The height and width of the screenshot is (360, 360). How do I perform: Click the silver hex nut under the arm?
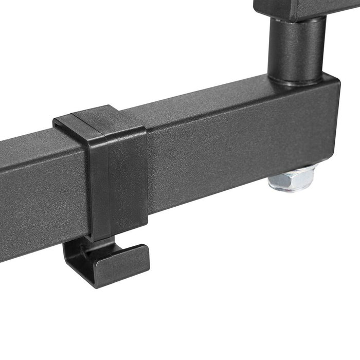(291, 178)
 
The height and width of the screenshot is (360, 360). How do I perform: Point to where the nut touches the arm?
(291, 168)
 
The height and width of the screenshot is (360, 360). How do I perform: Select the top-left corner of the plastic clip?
(56, 121)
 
